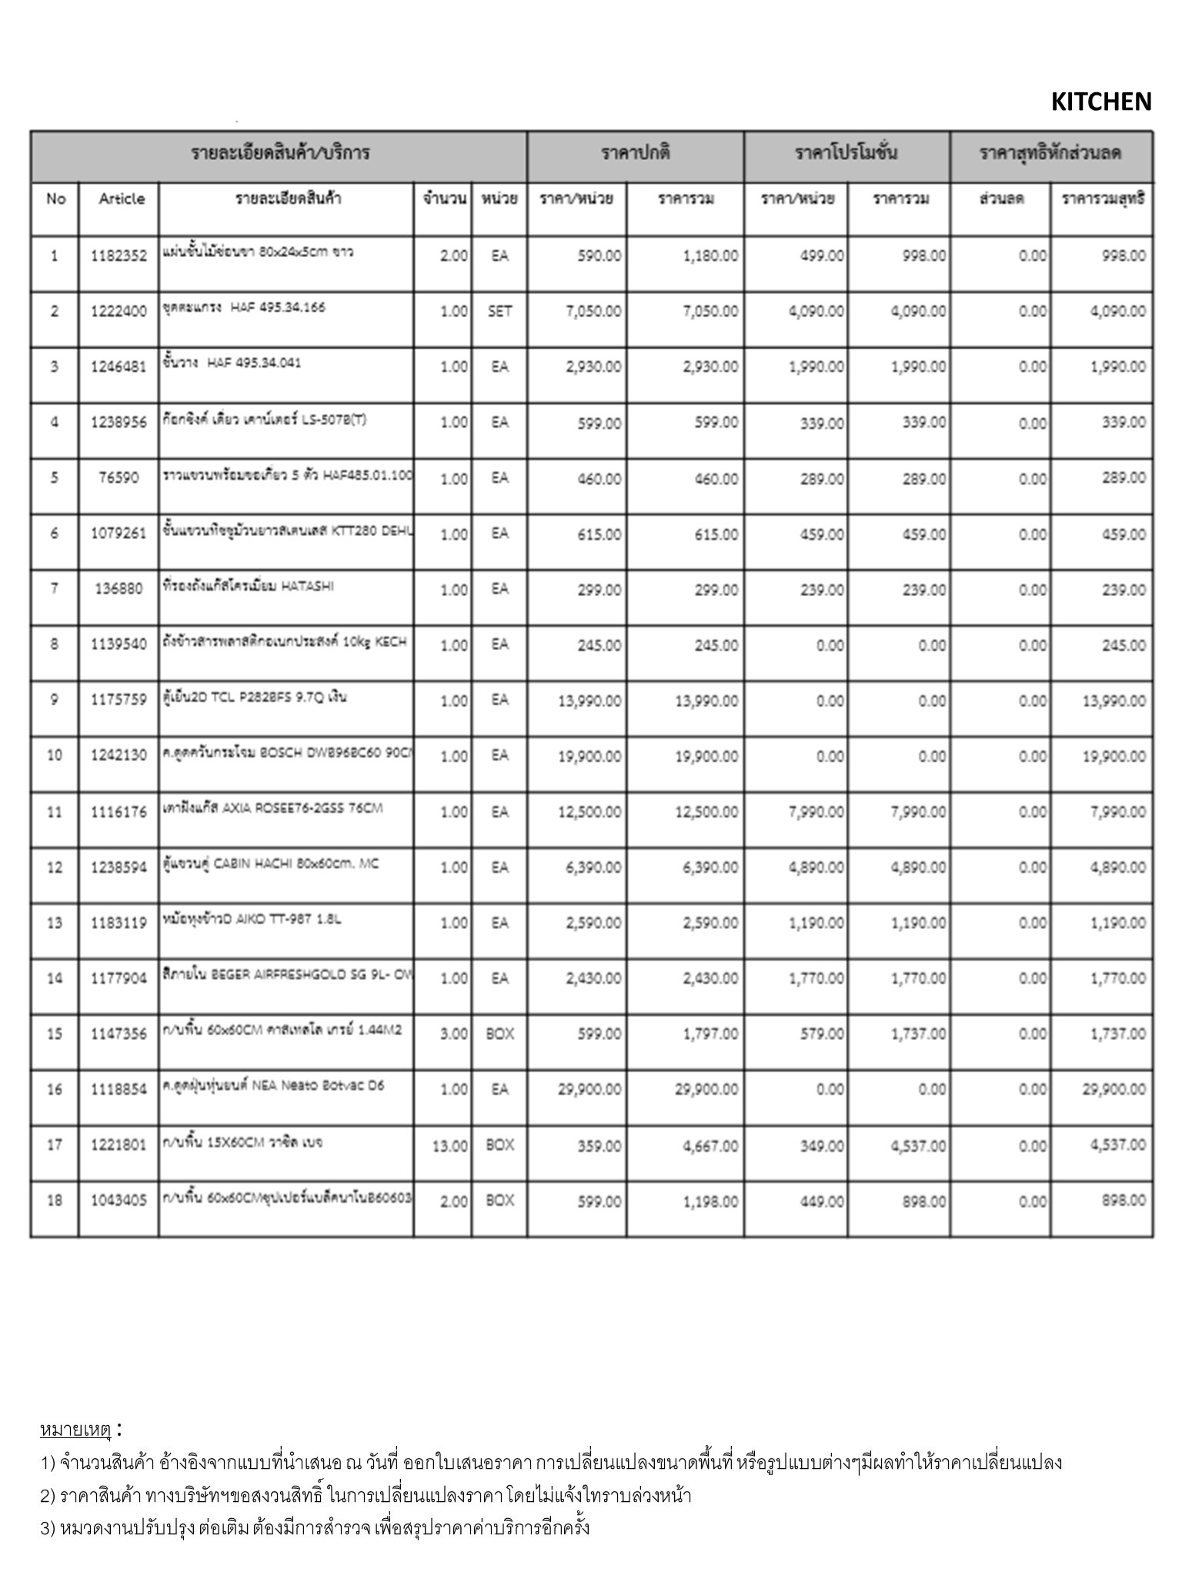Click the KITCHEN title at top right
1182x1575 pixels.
pos(1100,102)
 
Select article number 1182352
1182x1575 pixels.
pos(119,256)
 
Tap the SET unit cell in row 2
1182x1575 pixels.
pos(499,311)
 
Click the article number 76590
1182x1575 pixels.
pos(119,478)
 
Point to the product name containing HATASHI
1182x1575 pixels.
pos(248,587)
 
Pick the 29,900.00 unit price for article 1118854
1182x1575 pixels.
pos(590,1089)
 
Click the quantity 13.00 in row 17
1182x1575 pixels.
pos(449,1146)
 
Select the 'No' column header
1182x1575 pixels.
pos(55,199)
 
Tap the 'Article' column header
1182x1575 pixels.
pos(122,199)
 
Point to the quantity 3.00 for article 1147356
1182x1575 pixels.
pos(453,1034)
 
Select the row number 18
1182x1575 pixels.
pos(55,1200)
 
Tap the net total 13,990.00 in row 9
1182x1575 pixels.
pos(1113,701)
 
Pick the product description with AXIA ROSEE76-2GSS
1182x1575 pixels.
pos(272,808)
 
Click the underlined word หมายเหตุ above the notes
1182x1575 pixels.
pos(75,1430)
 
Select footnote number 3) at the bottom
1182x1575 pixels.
pos(48,1527)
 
